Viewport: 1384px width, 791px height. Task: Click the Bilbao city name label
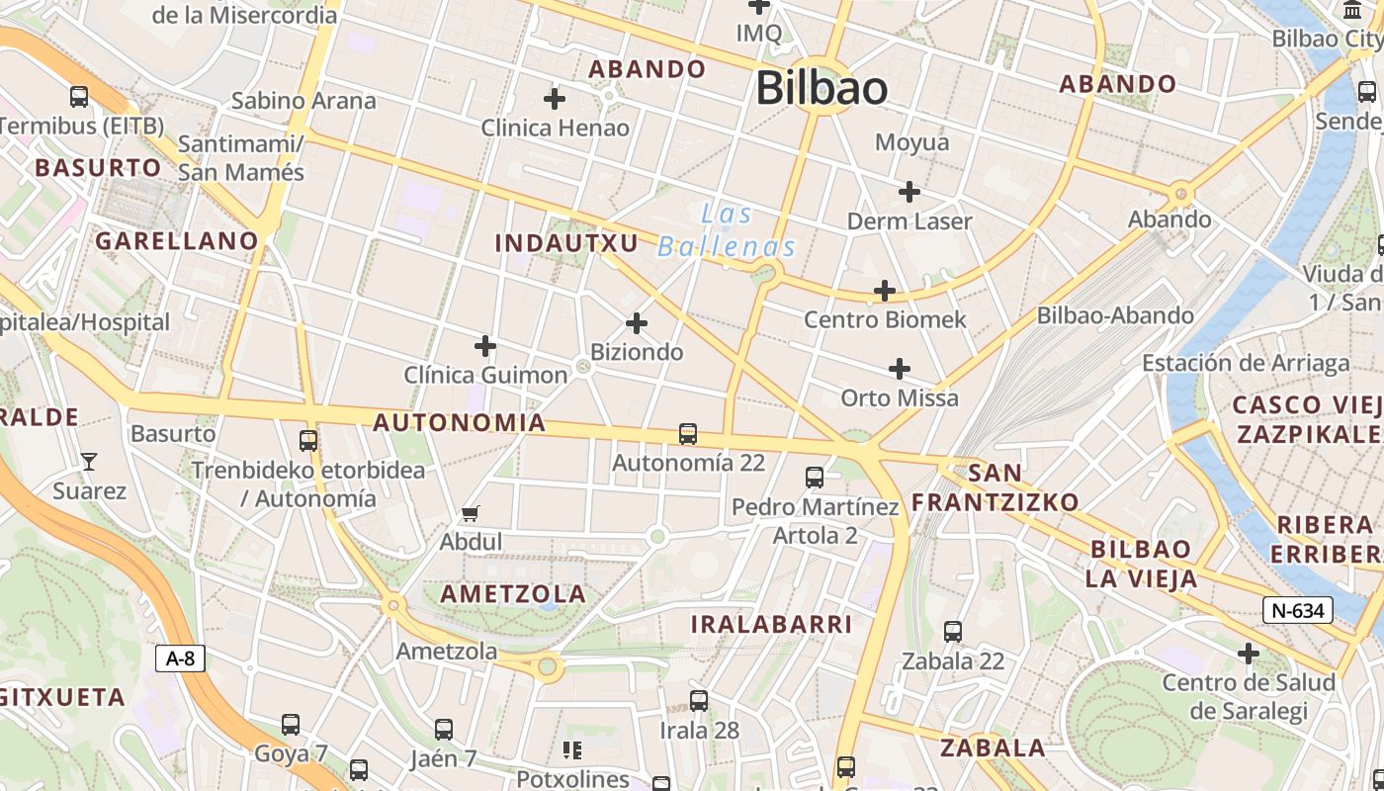coord(822,88)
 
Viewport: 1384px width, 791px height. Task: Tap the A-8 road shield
coord(180,659)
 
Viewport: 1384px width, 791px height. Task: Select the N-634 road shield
coord(1297,610)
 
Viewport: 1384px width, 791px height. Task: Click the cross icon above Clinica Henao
coord(555,99)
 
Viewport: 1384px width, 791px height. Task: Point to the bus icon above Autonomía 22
coord(688,433)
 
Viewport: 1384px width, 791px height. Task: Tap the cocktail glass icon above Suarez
coord(89,461)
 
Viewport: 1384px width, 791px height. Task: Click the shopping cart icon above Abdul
coord(471,513)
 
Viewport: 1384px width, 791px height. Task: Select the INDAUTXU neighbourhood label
coord(566,242)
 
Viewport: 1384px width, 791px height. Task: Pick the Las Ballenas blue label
coord(727,230)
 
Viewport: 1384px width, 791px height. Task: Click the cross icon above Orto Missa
coord(899,370)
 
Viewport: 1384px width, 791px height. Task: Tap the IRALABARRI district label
coord(771,624)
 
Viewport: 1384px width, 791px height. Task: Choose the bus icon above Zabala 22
coord(953,631)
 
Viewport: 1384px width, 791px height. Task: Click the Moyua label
coord(911,142)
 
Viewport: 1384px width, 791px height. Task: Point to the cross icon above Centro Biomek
coord(885,291)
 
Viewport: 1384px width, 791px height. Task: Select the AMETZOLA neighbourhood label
coord(513,593)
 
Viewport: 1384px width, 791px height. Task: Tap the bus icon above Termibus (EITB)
coord(79,97)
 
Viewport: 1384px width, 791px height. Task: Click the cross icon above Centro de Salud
coord(1249,654)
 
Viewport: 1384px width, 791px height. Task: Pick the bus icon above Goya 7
coord(291,725)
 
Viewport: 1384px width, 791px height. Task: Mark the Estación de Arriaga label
coord(1246,363)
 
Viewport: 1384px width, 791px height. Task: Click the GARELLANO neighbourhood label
coord(176,240)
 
